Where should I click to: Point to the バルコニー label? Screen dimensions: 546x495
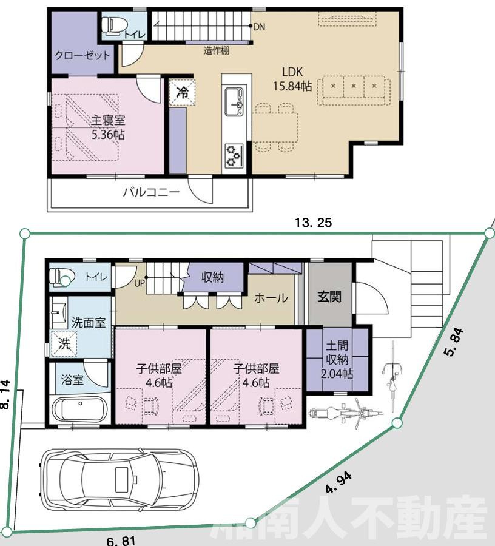(x=151, y=193)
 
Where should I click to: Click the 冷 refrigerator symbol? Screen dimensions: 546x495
(x=181, y=93)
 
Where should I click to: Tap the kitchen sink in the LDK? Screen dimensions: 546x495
(x=234, y=101)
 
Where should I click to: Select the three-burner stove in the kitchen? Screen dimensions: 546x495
(x=234, y=155)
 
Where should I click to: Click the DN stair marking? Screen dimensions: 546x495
(x=258, y=26)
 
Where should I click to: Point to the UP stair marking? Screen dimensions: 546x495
(x=140, y=283)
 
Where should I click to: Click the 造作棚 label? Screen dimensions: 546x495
(x=216, y=51)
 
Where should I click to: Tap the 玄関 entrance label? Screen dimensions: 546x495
(x=329, y=296)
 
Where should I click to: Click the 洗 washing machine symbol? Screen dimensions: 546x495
(x=63, y=343)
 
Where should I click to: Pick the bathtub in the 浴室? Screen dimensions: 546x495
(x=79, y=409)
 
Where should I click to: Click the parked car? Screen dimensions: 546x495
(x=118, y=479)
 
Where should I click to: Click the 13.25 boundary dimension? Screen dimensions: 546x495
(x=313, y=223)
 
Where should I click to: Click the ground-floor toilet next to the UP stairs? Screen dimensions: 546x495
(x=61, y=277)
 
